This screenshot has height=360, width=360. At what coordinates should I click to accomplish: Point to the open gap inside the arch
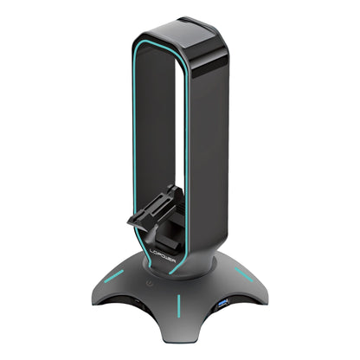click(x=164, y=130)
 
